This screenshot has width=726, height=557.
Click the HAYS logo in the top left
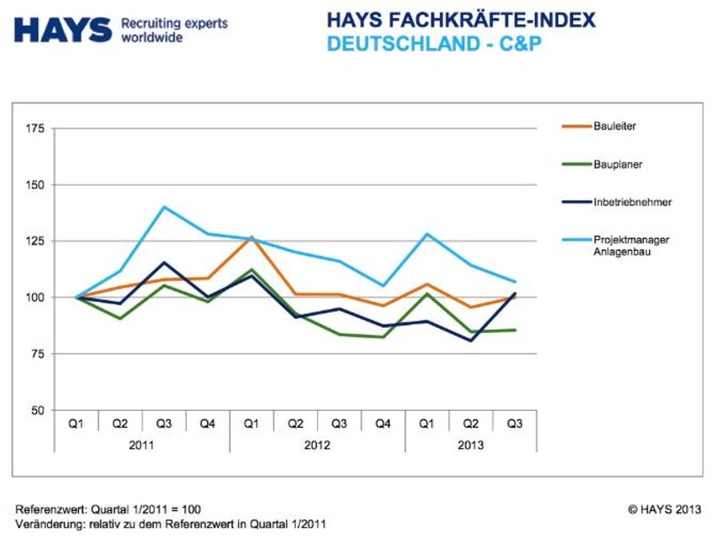pyautogui.click(x=63, y=28)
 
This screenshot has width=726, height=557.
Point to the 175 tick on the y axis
pyautogui.click(x=34, y=129)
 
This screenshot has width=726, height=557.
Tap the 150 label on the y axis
pyautogui.click(x=34, y=185)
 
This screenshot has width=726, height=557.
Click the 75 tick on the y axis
pyautogui.click(x=36, y=353)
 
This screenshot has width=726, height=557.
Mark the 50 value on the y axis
pyautogui.click(x=36, y=410)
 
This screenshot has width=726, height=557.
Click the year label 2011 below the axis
pyautogui.click(x=141, y=445)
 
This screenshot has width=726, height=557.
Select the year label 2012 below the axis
pyautogui.click(x=317, y=445)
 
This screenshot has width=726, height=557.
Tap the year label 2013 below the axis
pyautogui.click(x=470, y=445)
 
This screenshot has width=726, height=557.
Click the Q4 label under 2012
pyautogui.click(x=382, y=424)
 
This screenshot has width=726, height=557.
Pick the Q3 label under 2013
pyautogui.click(x=514, y=424)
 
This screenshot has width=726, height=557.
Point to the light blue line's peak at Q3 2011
pyautogui.click(x=164, y=207)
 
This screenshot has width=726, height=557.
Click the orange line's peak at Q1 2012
pyautogui.click(x=251, y=236)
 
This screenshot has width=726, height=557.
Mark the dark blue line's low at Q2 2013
pyautogui.click(x=471, y=340)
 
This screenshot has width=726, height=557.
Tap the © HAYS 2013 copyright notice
pyautogui.click(x=664, y=509)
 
